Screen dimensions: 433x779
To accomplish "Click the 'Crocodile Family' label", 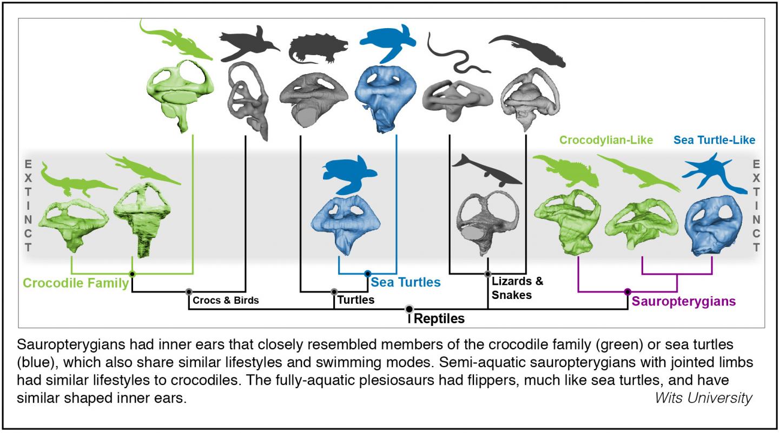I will click(76, 283).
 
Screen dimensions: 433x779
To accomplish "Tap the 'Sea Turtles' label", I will click(406, 282).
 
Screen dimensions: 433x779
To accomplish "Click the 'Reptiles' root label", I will click(439, 318).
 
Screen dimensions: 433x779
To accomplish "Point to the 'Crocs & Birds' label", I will click(226, 300).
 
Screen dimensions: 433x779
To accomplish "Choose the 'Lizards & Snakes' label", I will click(517, 288).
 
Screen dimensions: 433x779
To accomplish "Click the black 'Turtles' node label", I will click(355, 299).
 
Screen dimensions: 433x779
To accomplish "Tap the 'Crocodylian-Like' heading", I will click(606, 140).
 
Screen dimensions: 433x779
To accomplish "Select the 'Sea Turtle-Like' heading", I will click(715, 140).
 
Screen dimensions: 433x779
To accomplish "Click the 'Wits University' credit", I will click(703, 398).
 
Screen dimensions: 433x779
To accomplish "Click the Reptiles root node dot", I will click(410, 309).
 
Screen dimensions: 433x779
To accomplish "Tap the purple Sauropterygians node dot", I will click(628, 292).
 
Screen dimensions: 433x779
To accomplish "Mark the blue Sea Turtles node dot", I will click(368, 274).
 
